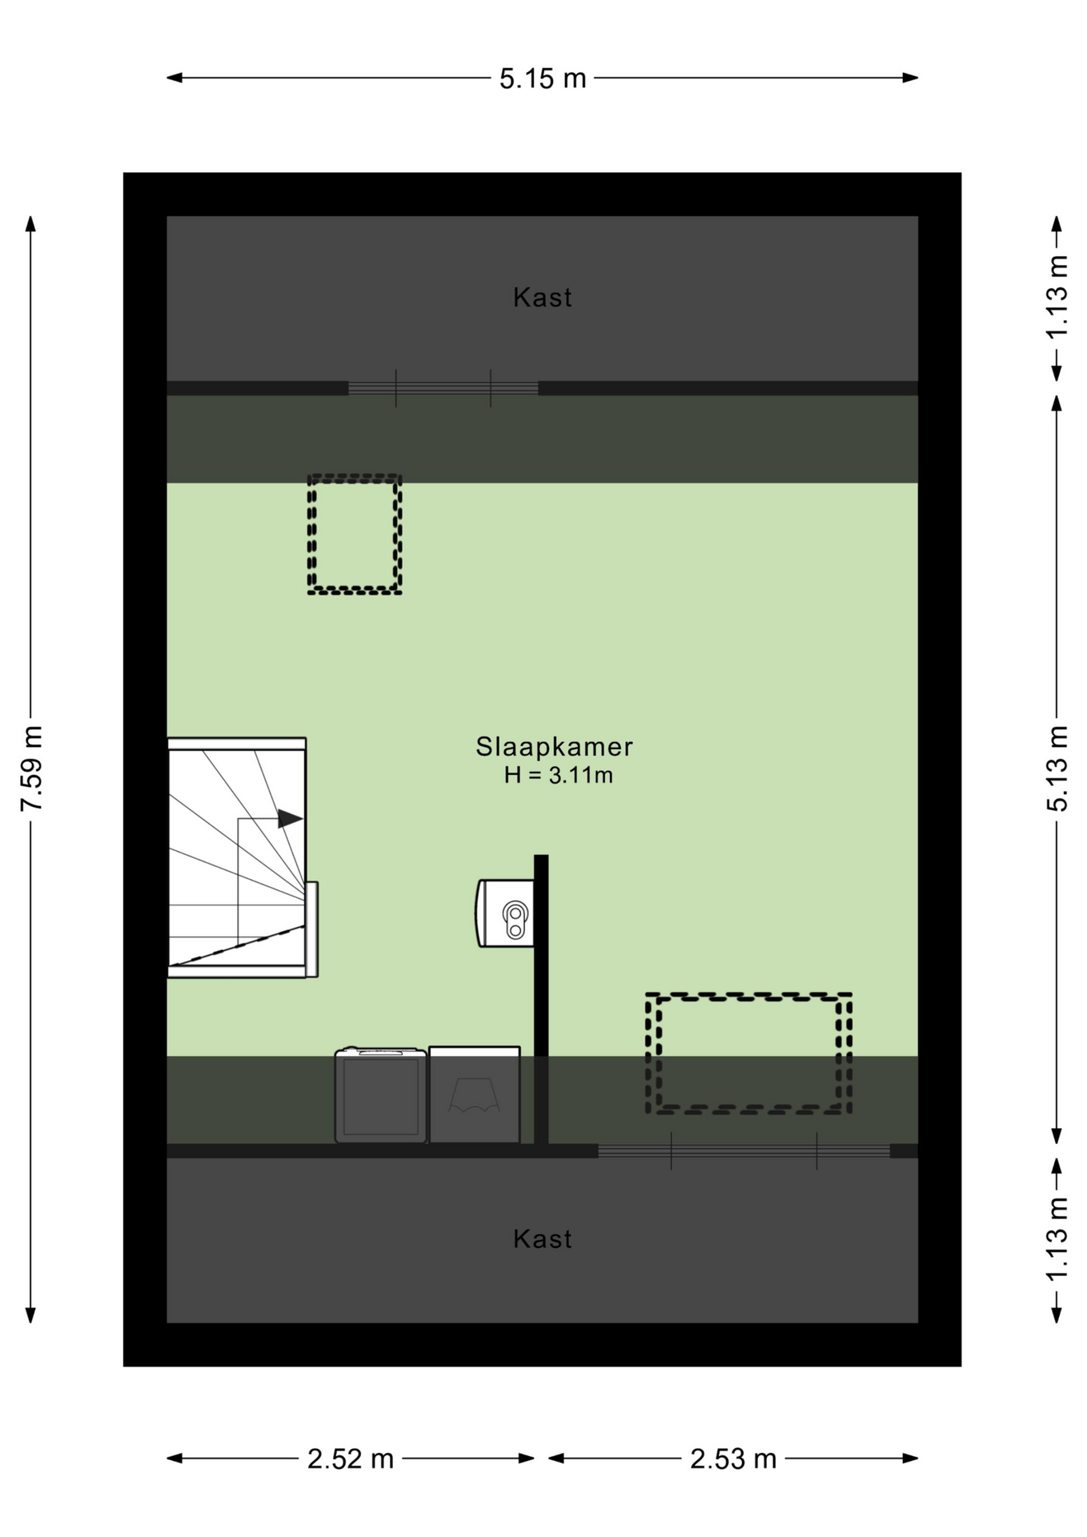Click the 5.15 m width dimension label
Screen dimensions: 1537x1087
[543, 78]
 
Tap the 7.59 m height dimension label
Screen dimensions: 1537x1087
[31, 768]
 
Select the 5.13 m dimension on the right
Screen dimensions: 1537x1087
[1057, 768]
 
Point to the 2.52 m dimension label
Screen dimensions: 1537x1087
[350, 1459]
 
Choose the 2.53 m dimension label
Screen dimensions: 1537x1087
[733, 1459]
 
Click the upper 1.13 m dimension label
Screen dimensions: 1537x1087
[1057, 297]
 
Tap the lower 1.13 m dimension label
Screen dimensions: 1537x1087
[1057, 1238]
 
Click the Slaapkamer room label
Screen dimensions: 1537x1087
[554, 746]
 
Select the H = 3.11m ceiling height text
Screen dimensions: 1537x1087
[558, 775]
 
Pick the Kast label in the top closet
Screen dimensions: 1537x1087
[543, 298]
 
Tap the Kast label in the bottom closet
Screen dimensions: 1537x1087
[543, 1239]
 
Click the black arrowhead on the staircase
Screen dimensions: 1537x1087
[290, 818]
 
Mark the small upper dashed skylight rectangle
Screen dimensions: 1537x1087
[355, 534]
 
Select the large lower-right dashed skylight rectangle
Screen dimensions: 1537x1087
[748, 1053]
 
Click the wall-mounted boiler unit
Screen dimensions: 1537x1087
[506, 913]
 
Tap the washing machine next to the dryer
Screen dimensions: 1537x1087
[380, 1095]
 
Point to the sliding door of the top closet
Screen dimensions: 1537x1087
[443, 388]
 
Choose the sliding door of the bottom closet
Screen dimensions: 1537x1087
[744, 1151]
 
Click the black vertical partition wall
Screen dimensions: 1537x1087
[541, 1001]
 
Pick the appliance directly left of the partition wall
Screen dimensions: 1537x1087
[475, 1095]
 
